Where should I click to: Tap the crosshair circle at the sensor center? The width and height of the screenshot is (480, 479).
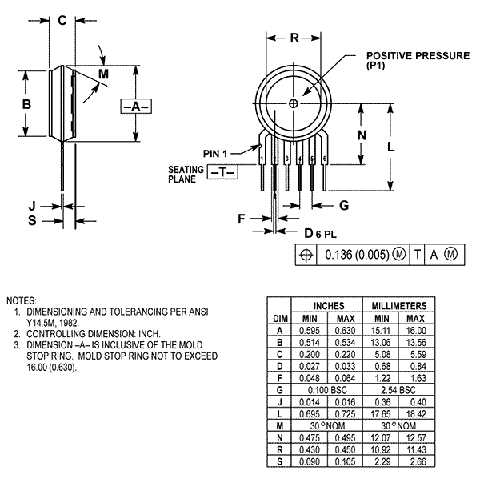294,103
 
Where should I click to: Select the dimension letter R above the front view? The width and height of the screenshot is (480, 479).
294,38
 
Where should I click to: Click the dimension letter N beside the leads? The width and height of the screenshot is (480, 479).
362,135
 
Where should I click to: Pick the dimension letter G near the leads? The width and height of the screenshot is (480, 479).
343,205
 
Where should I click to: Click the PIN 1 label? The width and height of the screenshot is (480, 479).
216,153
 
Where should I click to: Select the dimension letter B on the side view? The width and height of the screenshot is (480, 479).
26,105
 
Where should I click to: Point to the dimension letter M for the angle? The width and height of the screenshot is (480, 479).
103,74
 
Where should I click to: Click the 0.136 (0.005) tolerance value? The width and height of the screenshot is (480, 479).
362,256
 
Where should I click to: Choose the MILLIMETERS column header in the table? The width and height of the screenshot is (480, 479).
399,306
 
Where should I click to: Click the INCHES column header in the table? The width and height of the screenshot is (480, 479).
328,306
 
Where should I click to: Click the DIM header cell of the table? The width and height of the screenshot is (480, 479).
279,318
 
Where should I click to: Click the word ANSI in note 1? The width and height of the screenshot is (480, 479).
197,309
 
